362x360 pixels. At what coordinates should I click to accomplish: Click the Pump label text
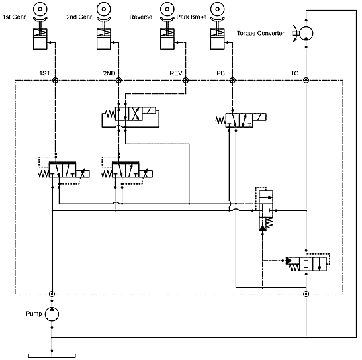tap(34, 314)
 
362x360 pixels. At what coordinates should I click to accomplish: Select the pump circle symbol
tap(52, 314)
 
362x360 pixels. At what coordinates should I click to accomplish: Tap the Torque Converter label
tap(261, 33)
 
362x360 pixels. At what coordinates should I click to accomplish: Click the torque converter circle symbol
tap(306, 34)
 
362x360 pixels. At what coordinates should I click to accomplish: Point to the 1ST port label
tap(44, 73)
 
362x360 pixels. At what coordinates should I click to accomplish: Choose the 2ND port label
tap(109, 73)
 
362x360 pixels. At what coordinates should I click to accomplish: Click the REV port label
tap(176, 73)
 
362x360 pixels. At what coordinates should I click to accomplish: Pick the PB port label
tap(220, 73)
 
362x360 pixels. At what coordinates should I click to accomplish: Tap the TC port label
tap(294, 73)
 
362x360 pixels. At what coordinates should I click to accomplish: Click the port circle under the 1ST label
tap(55, 80)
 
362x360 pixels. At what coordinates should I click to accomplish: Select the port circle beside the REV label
tap(185, 80)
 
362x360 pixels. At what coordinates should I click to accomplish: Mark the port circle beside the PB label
tap(232, 80)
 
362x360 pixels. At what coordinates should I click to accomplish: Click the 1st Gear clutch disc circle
tap(40, 9)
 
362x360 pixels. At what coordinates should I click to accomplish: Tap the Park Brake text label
tap(191, 17)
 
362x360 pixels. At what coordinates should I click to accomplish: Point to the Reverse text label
tap(141, 17)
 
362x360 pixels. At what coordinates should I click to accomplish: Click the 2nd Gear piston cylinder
tap(104, 39)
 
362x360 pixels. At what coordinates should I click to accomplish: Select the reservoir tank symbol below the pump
tap(52, 356)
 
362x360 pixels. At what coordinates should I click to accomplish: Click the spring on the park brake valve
tap(220, 120)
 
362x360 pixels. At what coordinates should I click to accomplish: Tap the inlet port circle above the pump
tap(52, 294)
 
